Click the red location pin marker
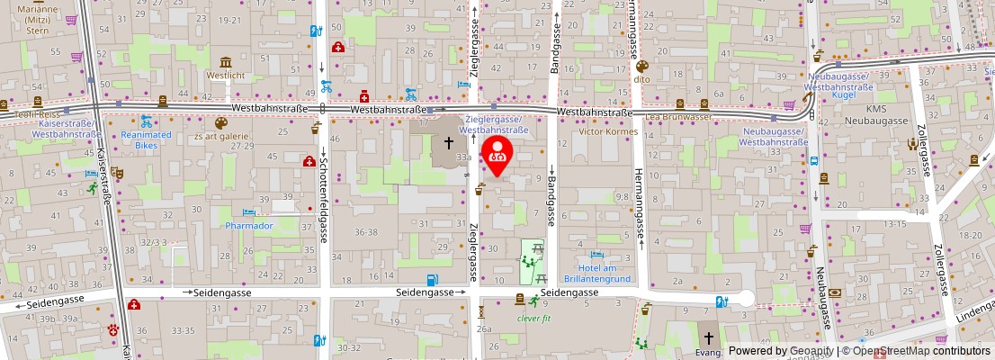pos(497,153)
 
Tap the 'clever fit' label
pos(533,318)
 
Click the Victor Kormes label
pos(607,131)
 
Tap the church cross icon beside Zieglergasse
pos(449,143)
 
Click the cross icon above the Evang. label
pos(709,338)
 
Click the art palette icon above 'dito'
pos(641,66)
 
